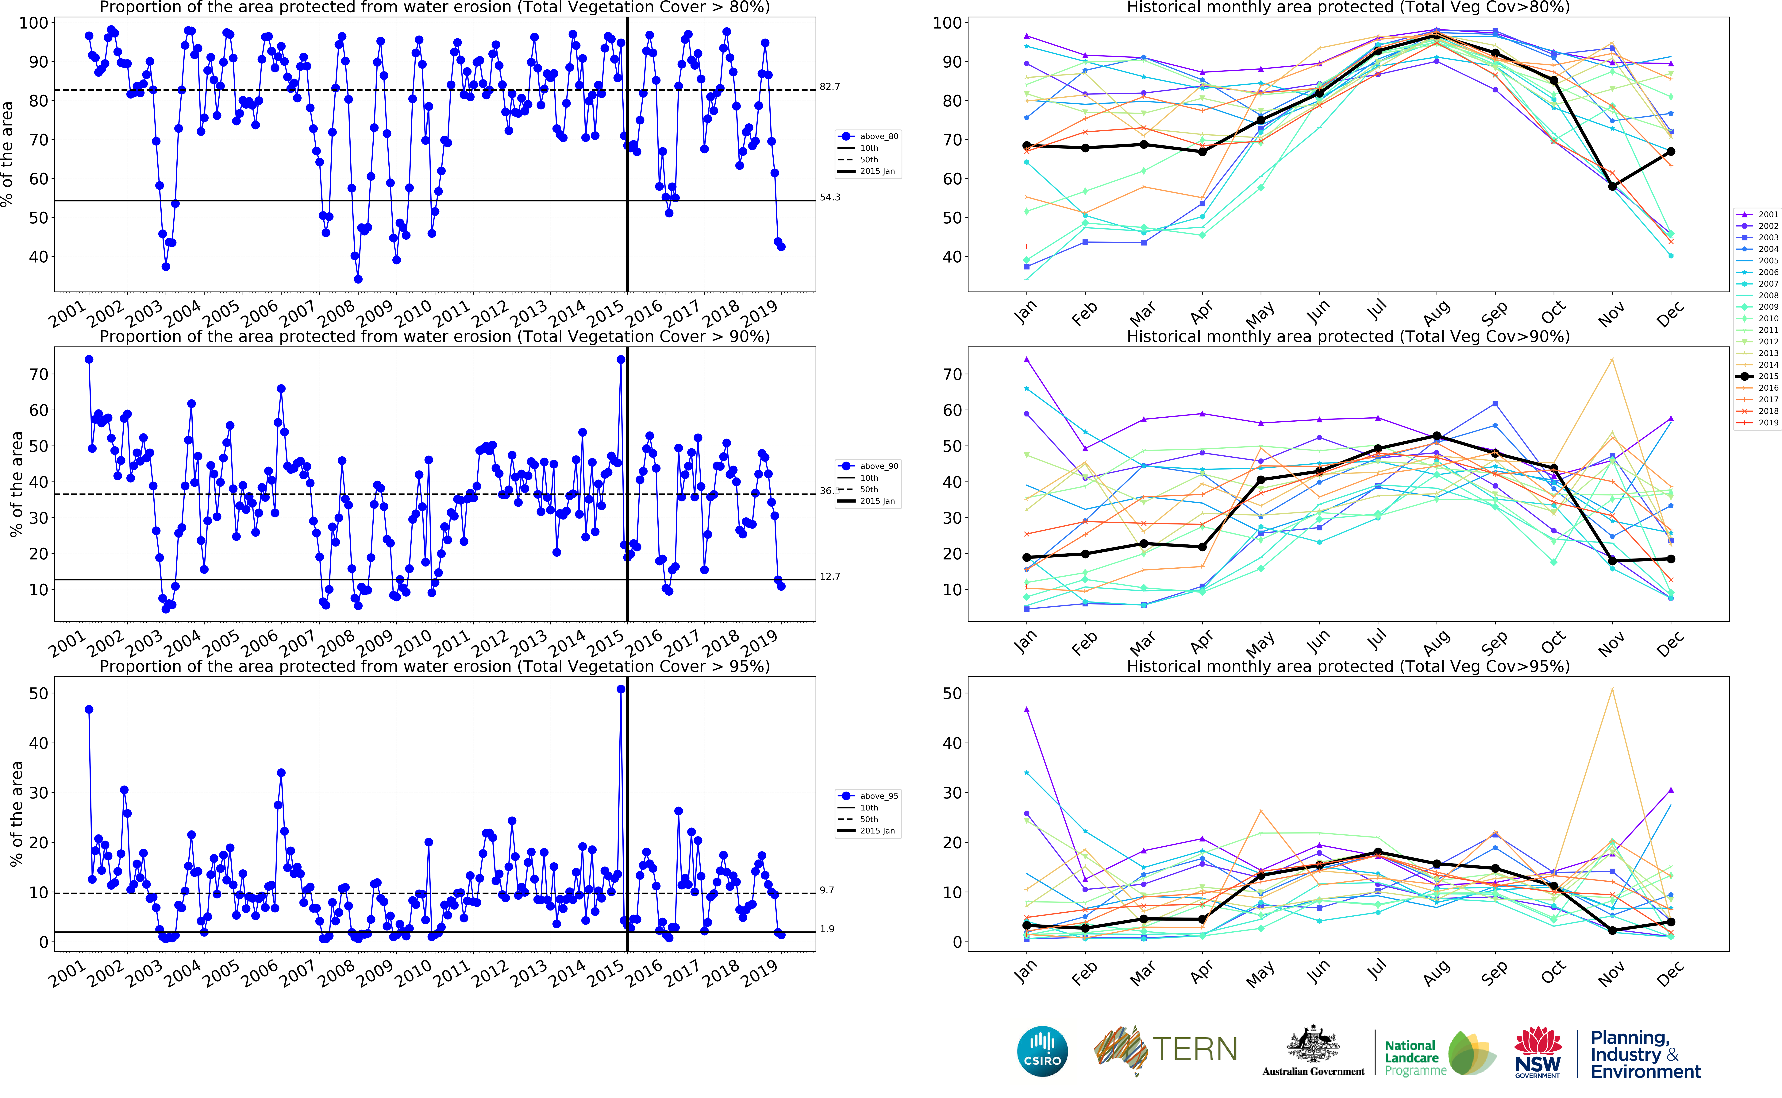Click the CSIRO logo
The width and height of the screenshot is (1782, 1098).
[x=1042, y=1052]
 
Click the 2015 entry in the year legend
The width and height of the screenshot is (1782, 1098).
[x=1768, y=376]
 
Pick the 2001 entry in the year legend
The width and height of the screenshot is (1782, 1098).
[x=1768, y=214]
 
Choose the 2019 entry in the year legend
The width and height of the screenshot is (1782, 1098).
[x=1768, y=423]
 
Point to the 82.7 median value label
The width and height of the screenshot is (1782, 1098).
[x=830, y=86]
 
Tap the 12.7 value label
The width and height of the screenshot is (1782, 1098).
[x=830, y=577]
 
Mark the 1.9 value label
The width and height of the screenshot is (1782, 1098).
[x=827, y=929]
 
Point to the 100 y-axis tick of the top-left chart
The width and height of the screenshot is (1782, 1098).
[x=33, y=23]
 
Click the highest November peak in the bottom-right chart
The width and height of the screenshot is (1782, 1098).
[x=1612, y=689]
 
